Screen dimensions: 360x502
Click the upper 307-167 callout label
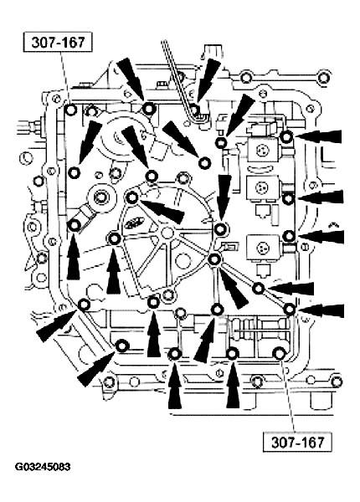(58, 42)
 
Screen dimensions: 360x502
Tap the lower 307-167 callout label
(297, 442)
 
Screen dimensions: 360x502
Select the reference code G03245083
(43, 467)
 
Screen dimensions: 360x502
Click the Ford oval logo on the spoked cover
(132, 223)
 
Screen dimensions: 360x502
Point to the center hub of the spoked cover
(167, 233)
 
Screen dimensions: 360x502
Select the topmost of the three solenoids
(262, 149)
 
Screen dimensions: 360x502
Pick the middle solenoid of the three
(263, 188)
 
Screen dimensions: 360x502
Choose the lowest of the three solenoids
(263, 248)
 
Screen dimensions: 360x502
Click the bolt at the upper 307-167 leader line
(70, 110)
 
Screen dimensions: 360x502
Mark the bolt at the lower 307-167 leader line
(279, 353)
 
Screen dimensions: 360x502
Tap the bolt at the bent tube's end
(193, 109)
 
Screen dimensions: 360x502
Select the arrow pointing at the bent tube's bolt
(208, 80)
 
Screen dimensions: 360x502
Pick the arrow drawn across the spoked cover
(162, 211)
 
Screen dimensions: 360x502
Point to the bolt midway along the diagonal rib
(258, 289)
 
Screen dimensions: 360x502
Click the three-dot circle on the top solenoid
(263, 150)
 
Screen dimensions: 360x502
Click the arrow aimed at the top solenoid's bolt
(318, 136)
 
